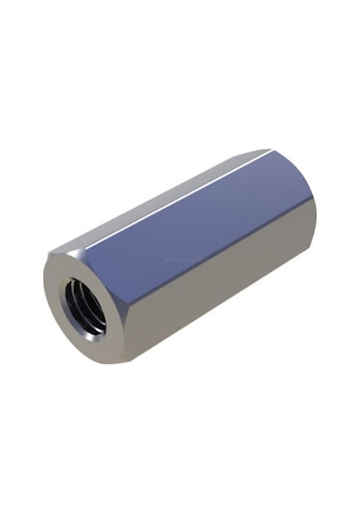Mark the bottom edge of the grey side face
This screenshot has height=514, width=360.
click(230, 327)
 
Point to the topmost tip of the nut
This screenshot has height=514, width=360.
click(268, 150)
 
